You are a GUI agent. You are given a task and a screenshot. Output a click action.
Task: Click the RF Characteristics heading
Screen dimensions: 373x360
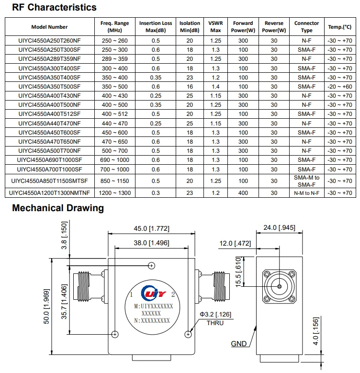(x=54, y=8)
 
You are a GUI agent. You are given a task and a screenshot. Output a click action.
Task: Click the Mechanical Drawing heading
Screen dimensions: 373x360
(x=58, y=208)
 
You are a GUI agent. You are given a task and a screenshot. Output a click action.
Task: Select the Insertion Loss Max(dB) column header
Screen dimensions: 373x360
(x=156, y=26)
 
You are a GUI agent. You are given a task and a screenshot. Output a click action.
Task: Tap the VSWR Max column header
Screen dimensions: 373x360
(x=215, y=26)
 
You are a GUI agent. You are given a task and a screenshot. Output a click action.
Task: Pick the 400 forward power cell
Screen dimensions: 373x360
(x=243, y=192)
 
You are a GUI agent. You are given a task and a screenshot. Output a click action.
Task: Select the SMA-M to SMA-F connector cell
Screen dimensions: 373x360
(x=306, y=181)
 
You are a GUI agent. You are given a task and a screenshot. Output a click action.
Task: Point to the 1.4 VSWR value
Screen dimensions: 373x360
(x=215, y=87)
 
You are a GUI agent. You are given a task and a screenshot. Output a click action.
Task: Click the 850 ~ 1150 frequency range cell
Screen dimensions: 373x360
(x=115, y=181)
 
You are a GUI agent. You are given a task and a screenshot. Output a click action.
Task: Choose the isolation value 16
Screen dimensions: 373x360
(x=190, y=87)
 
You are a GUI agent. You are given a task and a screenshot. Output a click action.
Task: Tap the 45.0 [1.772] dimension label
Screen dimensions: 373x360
(x=151, y=229)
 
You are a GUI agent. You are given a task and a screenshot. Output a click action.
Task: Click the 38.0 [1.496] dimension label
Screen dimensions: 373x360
(x=151, y=243)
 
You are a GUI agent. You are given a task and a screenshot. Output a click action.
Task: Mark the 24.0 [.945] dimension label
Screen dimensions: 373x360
(x=279, y=228)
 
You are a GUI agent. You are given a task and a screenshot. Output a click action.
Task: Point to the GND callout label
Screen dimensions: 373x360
(x=239, y=344)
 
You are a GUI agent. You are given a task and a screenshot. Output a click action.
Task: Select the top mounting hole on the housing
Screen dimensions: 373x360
(x=152, y=266)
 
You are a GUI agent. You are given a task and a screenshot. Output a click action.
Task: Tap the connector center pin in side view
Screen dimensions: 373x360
(x=279, y=286)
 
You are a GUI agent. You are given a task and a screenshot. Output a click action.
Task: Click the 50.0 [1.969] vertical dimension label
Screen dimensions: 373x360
(x=46, y=306)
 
